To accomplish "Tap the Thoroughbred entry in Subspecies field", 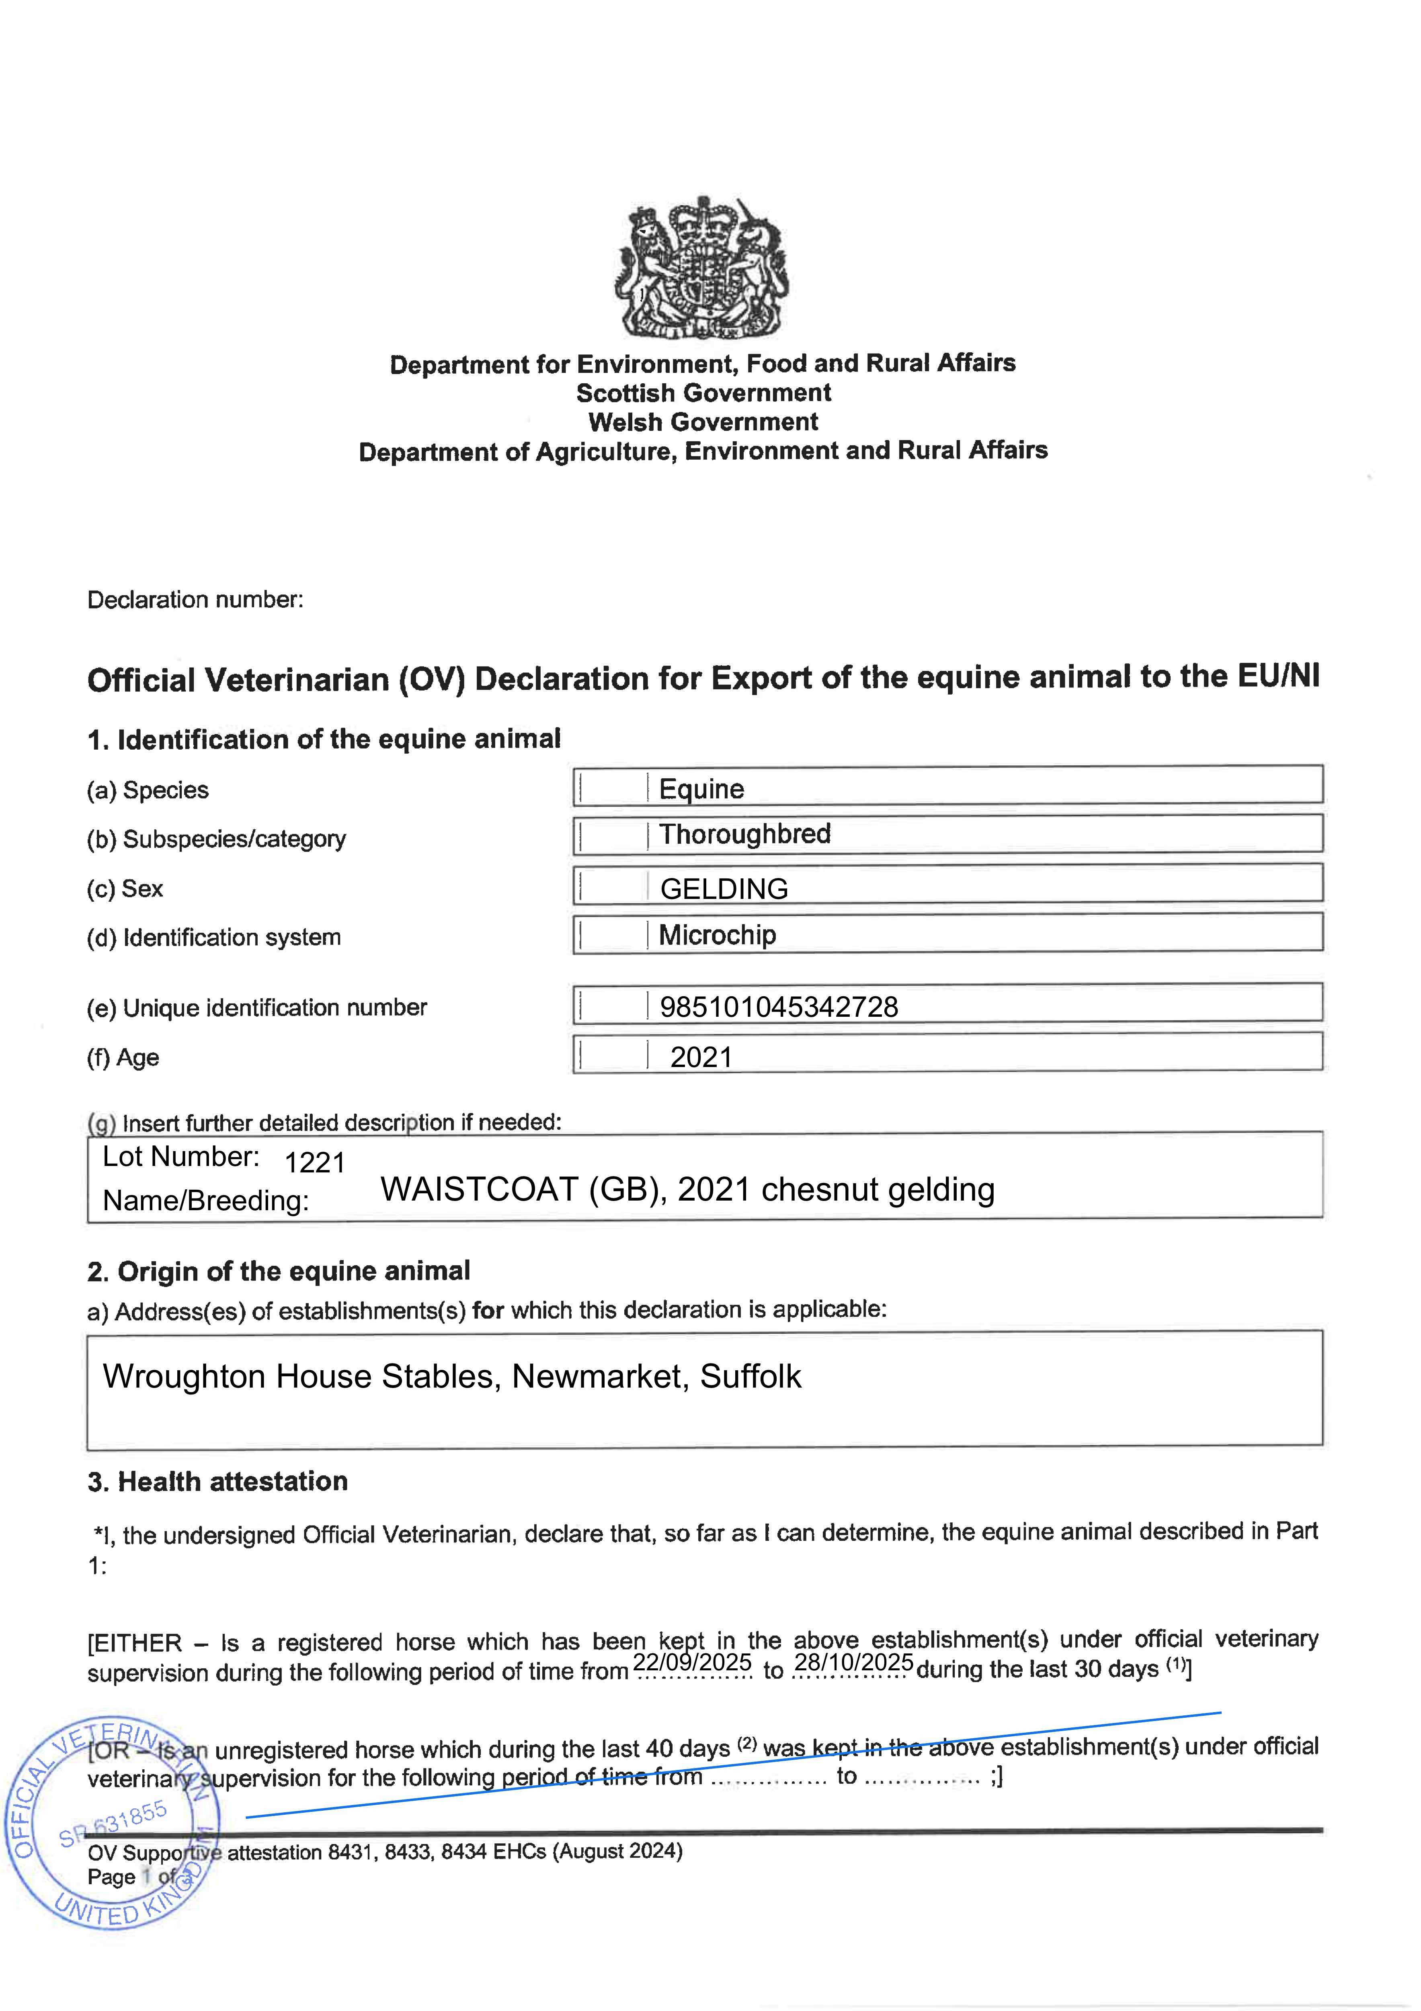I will [x=744, y=834].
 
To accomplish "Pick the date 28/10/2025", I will [x=854, y=1661].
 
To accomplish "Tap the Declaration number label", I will [x=195, y=600].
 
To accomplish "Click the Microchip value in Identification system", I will [x=717, y=936].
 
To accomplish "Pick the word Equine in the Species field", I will [x=701, y=789].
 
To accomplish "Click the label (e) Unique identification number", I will [x=256, y=1008].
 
